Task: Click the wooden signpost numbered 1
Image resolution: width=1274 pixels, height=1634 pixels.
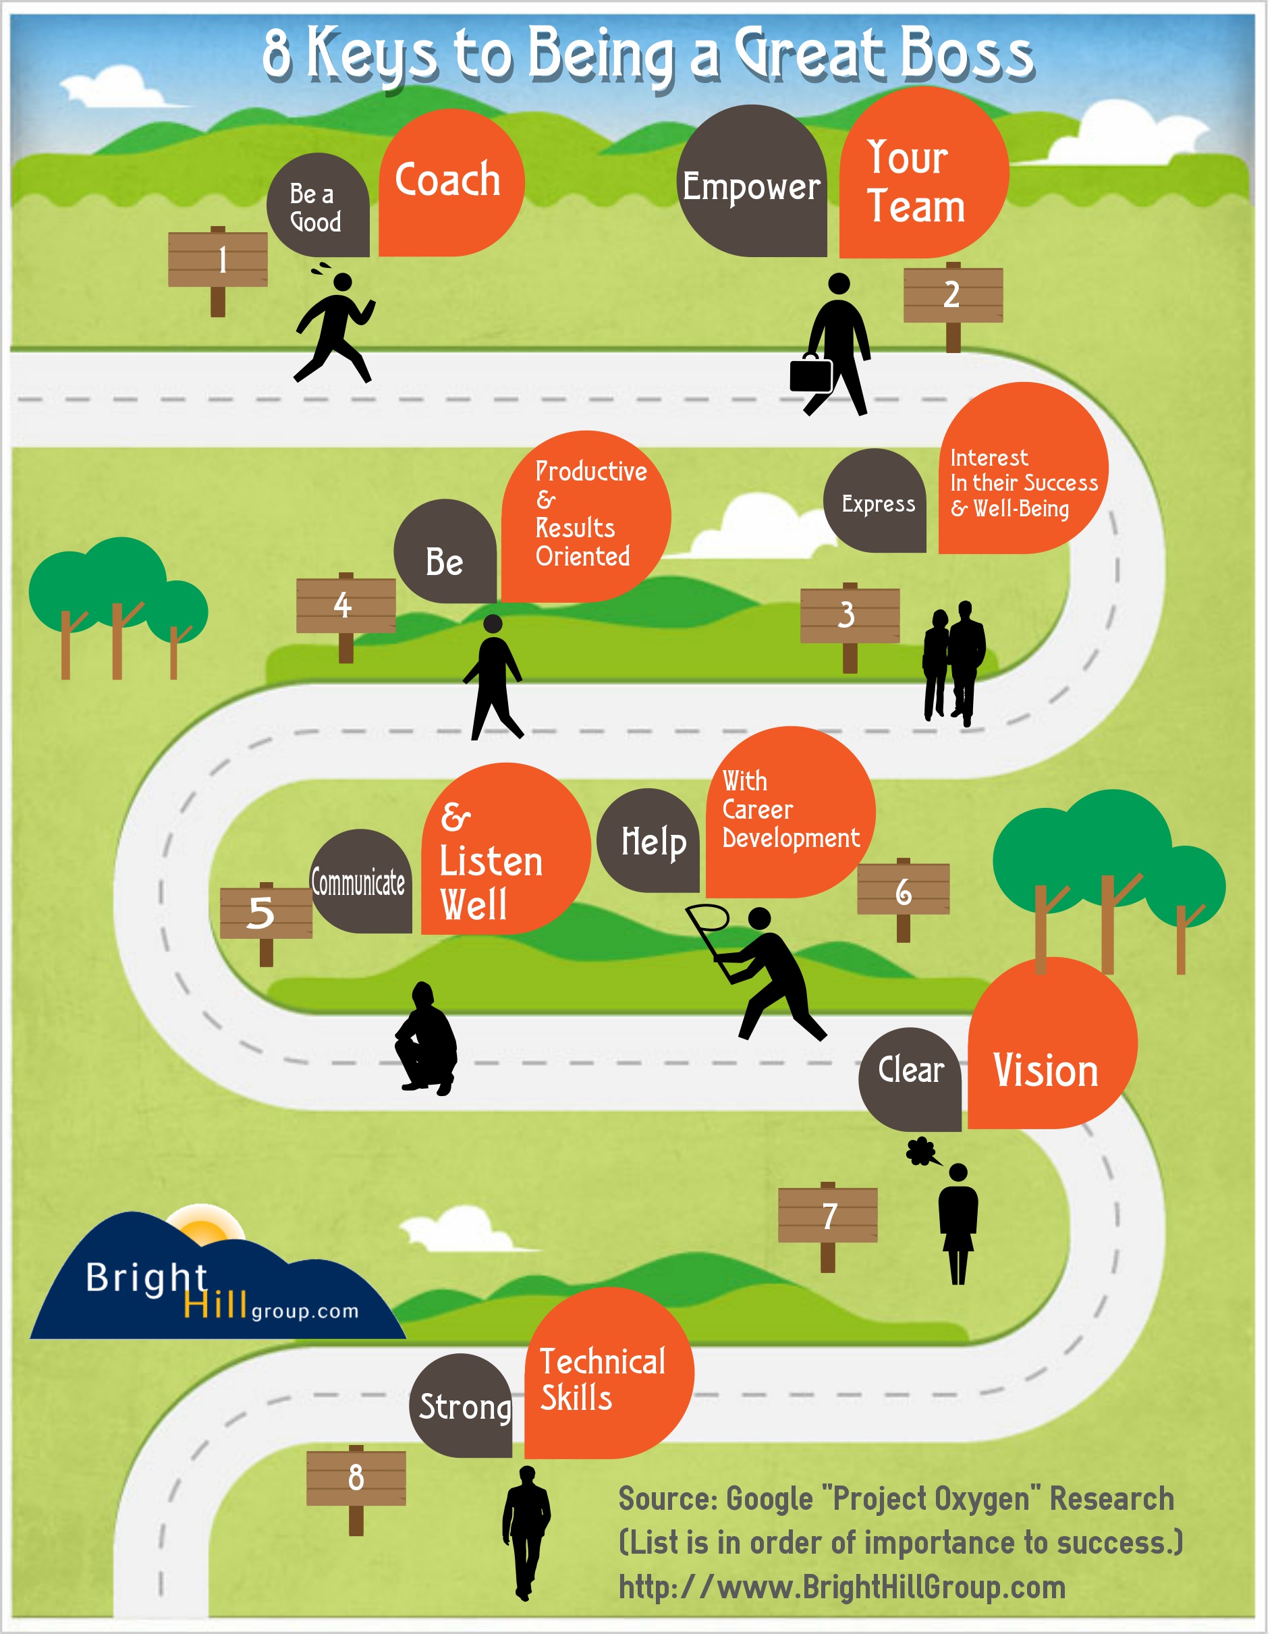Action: click(218, 260)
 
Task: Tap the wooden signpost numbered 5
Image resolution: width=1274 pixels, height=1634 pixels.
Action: click(266, 913)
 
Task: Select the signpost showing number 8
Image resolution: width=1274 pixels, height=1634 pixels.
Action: click(356, 1477)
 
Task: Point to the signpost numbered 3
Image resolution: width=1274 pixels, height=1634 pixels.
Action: click(849, 616)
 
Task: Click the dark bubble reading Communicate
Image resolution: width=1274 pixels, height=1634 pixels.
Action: click(360, 882)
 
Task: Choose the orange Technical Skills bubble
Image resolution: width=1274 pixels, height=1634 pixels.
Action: click(607, 1377)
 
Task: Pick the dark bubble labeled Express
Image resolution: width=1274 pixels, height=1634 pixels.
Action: click(876, 503)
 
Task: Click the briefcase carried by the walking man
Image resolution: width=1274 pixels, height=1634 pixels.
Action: click(811, 373)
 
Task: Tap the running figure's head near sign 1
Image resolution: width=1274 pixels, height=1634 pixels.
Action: click(343, 281)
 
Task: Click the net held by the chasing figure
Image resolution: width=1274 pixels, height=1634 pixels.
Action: click(709, 918)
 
